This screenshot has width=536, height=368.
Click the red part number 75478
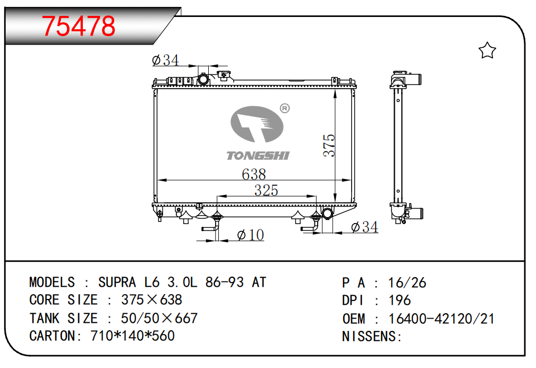[79, 26]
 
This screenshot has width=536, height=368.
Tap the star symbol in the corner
[487, 50]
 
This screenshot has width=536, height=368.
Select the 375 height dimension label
[329, 145]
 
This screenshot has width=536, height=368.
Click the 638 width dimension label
[253, 174]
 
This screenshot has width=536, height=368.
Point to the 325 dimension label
[266, 190]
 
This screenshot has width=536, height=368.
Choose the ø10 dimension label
[251, 235]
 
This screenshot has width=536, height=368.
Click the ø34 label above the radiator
[165, 60]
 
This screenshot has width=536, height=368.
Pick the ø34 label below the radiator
[365, 227]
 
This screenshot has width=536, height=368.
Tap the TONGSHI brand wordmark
[258, 156]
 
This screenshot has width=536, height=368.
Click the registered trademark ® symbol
[285, 108]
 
